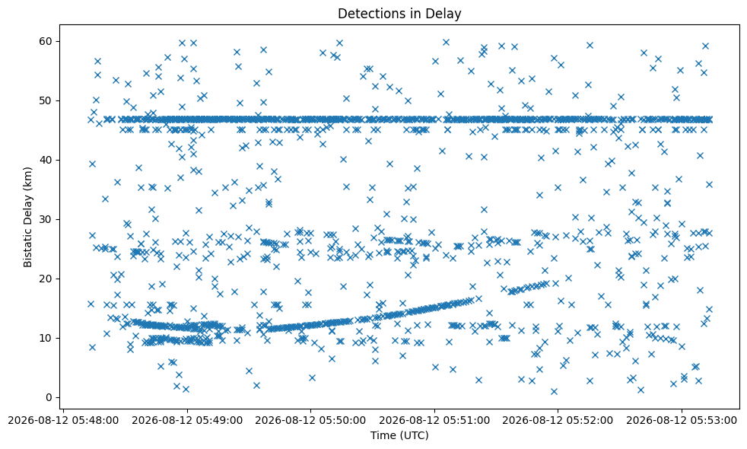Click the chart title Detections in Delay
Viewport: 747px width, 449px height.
coord(399,14)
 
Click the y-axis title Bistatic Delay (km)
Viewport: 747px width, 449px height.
coord(27,217)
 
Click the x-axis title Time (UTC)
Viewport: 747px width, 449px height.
coord(399,435)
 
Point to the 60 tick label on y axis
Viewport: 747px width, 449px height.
coord(46,41)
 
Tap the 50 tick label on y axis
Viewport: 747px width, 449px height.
coord(46,100)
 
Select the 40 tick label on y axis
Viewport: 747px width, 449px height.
coord(46,160)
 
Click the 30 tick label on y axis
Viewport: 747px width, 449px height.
coord(46,219)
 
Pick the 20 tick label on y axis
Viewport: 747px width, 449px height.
coord(46,279)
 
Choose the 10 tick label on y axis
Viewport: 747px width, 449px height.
coord(46,338)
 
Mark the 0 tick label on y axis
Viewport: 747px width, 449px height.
coord(50,397)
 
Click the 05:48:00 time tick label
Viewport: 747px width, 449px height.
coord(63,420)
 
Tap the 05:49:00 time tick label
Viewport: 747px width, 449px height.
coord(187,420)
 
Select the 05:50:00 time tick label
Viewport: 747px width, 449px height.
coord(310,420)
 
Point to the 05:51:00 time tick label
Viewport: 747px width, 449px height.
coord(434,420)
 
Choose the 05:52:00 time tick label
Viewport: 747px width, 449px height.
coord(558,420)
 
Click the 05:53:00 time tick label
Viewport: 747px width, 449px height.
coord(682,420)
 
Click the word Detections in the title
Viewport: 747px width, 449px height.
coord(367,14)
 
